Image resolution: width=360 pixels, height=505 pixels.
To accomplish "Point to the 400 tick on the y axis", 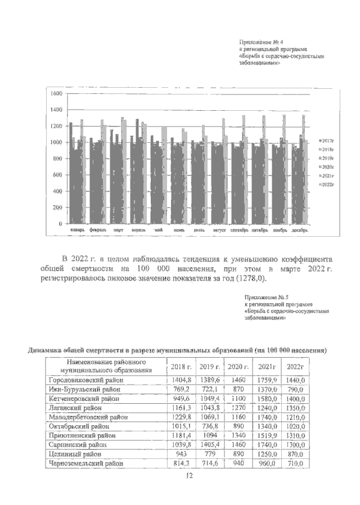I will point(56,191).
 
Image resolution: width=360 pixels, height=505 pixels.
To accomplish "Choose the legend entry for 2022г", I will point(326,184).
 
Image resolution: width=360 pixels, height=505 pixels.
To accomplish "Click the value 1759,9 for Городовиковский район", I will point(266,381).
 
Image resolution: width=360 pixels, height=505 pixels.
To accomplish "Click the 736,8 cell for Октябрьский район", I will point(210,426).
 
